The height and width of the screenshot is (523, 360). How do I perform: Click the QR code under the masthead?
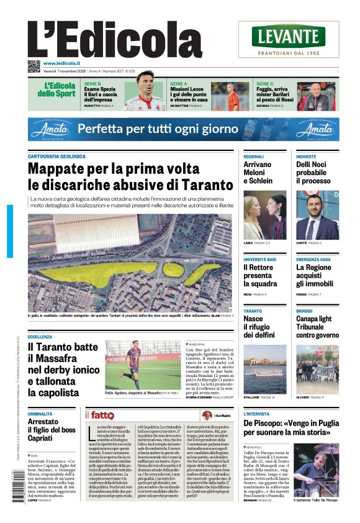[34, 66]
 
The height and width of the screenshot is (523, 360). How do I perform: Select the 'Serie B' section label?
[92, 83]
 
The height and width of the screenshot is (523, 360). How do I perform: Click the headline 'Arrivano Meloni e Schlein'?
[258, 173]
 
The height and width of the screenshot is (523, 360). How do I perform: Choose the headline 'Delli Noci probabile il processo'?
[313, 173]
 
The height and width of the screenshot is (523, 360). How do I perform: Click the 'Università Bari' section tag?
[259, 259]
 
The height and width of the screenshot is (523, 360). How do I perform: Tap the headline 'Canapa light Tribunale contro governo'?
[317, 327]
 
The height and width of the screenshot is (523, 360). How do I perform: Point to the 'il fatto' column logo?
[99, 415]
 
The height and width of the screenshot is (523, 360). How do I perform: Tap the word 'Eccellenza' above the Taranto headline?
[40, 337]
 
